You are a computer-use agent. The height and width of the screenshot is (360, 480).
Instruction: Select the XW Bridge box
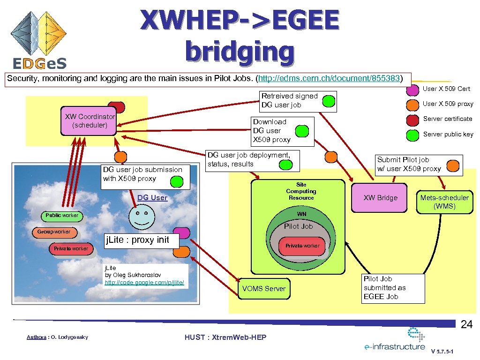coord(381,198)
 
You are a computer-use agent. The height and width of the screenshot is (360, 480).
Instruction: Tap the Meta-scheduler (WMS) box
coord(444,202)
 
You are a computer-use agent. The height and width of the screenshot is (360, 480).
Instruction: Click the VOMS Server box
coord(263,289)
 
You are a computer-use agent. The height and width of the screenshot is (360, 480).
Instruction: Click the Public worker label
coord(62,216)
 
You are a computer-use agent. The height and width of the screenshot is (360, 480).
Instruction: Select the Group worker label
coord(54,232)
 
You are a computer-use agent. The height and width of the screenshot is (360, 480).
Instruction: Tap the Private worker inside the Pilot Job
coord(302,246)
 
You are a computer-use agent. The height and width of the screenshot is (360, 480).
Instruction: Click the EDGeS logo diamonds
coord(39,33)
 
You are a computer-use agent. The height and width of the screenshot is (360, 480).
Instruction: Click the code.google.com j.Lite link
coord(144,283)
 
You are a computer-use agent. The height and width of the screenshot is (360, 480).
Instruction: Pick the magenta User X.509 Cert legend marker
coord(412,89)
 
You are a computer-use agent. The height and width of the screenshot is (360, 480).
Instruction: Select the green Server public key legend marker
coord(412,135)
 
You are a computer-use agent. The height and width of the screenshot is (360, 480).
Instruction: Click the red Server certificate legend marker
coord(412,119)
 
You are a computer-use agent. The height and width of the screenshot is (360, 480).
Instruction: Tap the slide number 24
coord(466,324)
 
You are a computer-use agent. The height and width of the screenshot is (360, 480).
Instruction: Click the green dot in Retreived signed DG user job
coord(330,100)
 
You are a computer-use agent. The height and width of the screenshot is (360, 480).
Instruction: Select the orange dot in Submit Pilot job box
coord(453,165)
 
